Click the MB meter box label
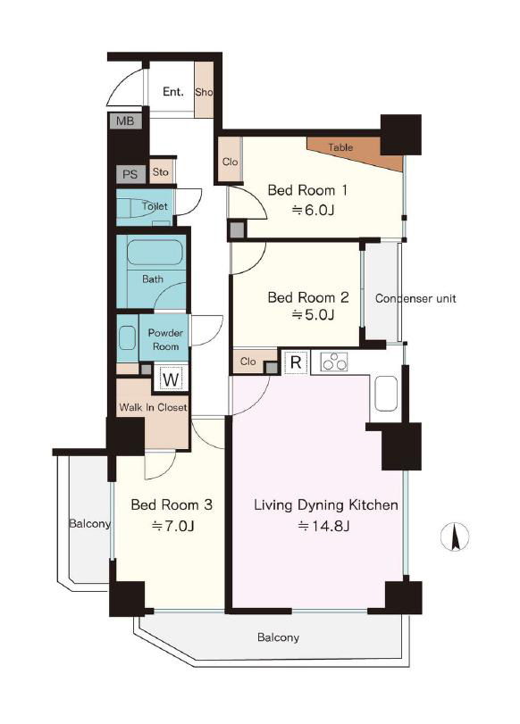click(125, 121)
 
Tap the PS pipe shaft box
click(130, 174)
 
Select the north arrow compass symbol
click(455, 537)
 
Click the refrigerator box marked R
click(296, 362)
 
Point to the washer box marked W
click(171, 379)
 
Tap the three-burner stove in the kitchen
click(334, 362)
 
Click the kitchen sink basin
click(386, 394)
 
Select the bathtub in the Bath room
click(154, 252)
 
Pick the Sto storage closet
click(162, 171)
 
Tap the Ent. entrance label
click(172, 92)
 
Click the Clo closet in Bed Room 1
click(230, 160)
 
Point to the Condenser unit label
click(415, 298)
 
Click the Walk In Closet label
click(153, 407)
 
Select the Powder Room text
click(165, 339)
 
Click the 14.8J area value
click(323, 526)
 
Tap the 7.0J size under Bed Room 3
click(172, 526)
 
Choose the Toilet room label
click(155, 206)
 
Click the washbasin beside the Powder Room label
click(127, 337)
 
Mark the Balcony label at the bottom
click(278, 637)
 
